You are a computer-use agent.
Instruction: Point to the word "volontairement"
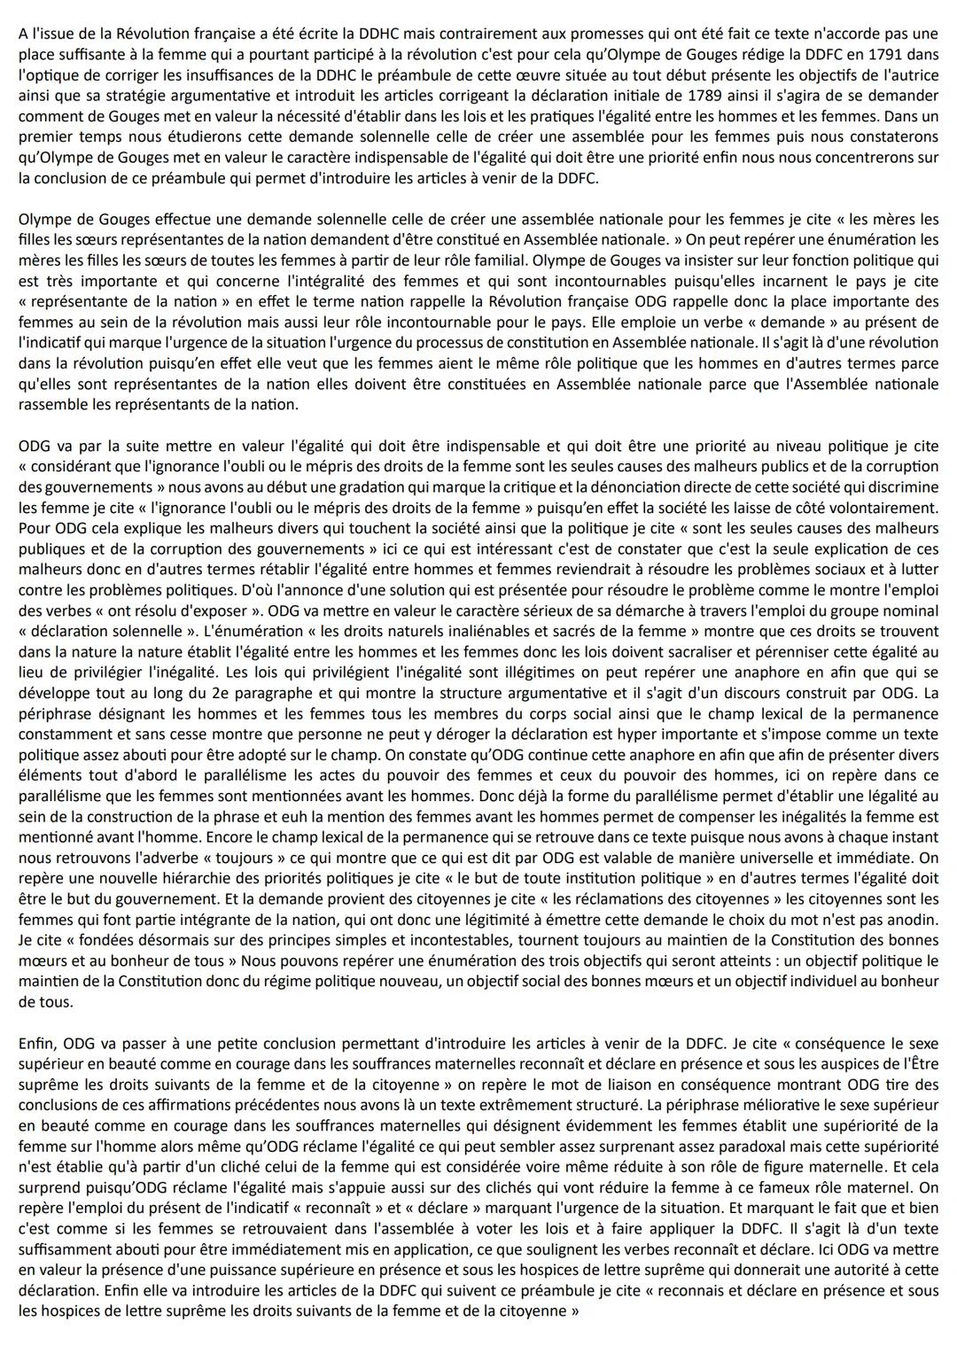[884, 508]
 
